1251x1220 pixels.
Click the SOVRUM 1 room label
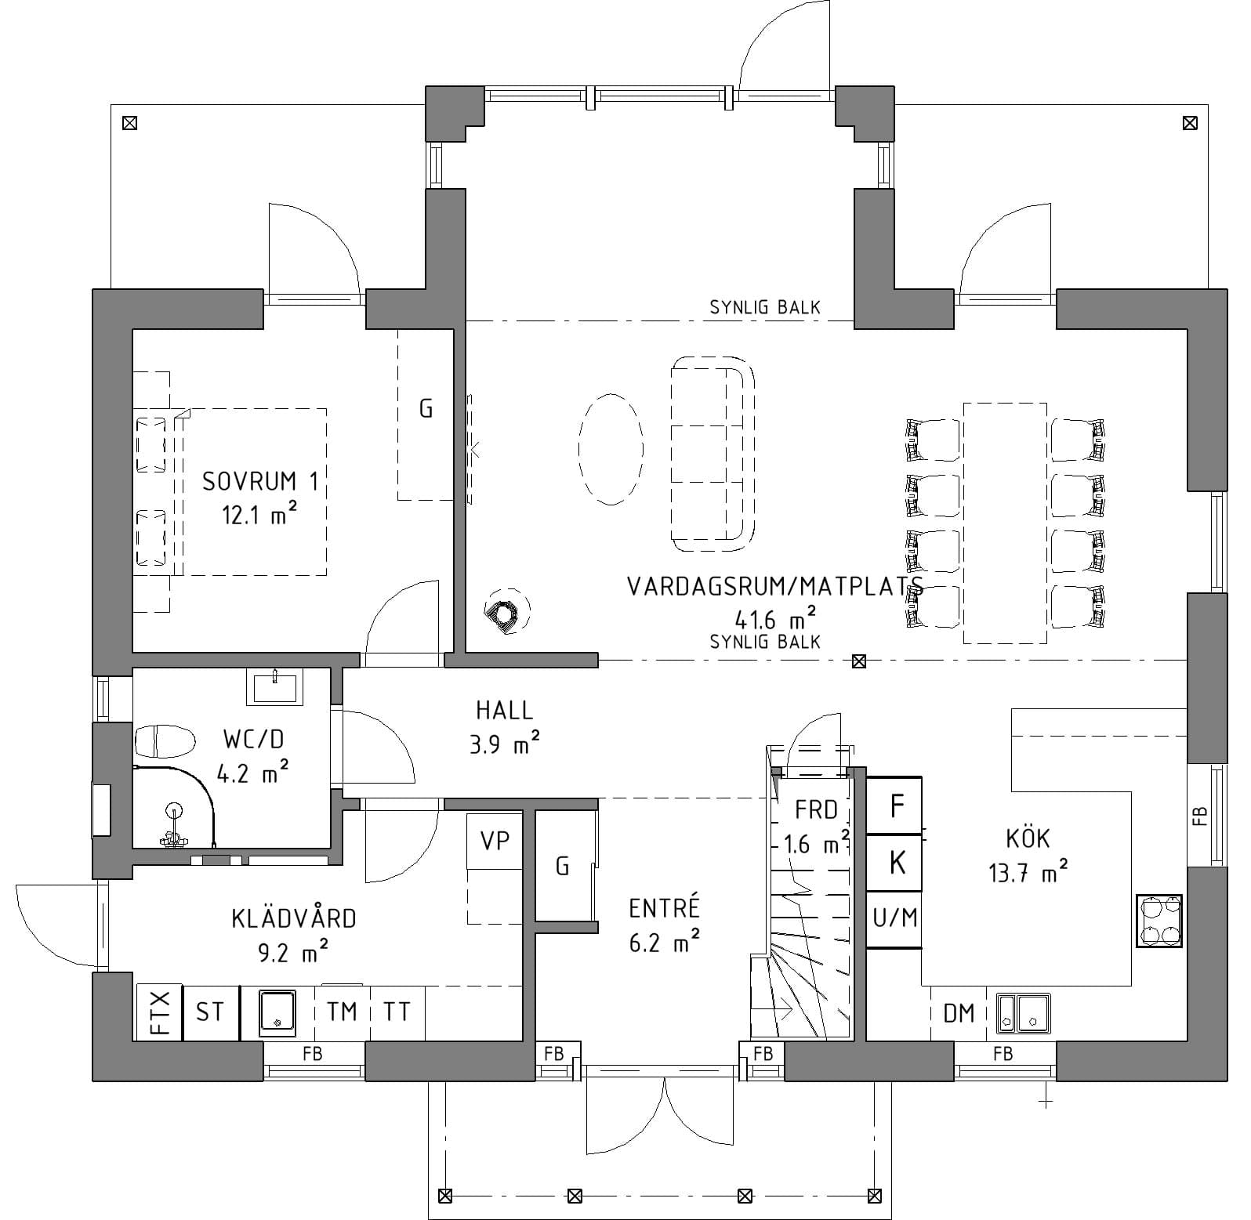(260, 481)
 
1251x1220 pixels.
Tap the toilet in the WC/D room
(164, 740)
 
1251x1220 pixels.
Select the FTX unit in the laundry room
(159, 1012)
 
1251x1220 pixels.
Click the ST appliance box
(210, 1012)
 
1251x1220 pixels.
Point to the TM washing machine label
(342, 1012)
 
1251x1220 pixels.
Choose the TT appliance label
(397, 1012)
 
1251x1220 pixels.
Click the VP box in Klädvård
(495, 842)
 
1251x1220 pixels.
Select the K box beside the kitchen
(894, 863)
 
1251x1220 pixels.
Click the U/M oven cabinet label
(895, 917)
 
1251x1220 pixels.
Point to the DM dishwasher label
(959, 1013)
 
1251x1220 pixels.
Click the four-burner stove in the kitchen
(1159, 921)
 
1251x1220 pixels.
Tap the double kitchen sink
(1024, 1012)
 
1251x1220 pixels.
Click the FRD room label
(816, 809)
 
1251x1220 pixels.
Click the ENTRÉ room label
(664, 908)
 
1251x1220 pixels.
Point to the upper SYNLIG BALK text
(765, 307)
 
